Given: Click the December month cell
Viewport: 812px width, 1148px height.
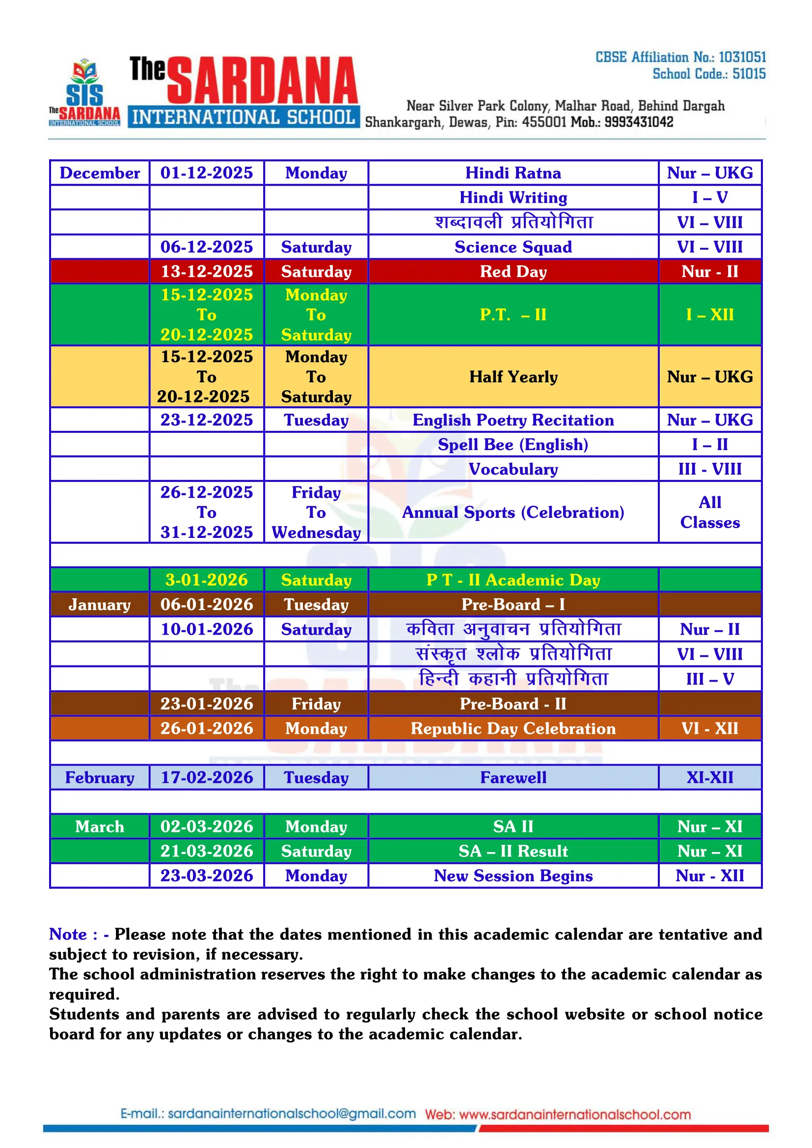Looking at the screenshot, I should click(100, 173).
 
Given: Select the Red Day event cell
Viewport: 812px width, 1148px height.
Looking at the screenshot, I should click(513, 271).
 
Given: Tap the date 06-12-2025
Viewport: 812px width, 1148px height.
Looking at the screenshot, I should click(207, 247).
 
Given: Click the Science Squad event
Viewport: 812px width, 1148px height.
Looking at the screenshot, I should click(513, 247).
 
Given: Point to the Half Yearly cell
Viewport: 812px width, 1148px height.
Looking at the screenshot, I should click(513, 376).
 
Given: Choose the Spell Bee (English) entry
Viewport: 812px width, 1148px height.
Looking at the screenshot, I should click(513, 445).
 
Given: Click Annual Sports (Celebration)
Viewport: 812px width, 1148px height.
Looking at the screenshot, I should click(513, 512).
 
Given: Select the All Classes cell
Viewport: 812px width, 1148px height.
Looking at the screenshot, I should click(710, 512).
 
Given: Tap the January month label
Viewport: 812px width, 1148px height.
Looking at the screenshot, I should click(100, 605).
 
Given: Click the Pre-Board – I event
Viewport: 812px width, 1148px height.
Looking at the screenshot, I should click(513, 605).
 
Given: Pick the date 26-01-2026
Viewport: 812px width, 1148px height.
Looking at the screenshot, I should click(207, 728).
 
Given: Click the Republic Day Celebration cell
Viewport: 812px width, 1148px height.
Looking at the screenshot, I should click(513, 728).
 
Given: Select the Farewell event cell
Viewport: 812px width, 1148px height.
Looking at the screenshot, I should click(513, 777).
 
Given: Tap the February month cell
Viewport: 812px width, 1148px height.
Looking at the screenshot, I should click(100, 777).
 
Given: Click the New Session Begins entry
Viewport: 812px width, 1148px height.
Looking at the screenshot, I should click(513, 876).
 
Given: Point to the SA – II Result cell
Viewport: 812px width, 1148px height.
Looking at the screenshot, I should click(513, 851).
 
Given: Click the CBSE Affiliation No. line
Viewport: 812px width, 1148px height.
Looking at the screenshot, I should click(680, 57).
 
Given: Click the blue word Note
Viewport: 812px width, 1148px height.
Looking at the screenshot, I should click(68, 934).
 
